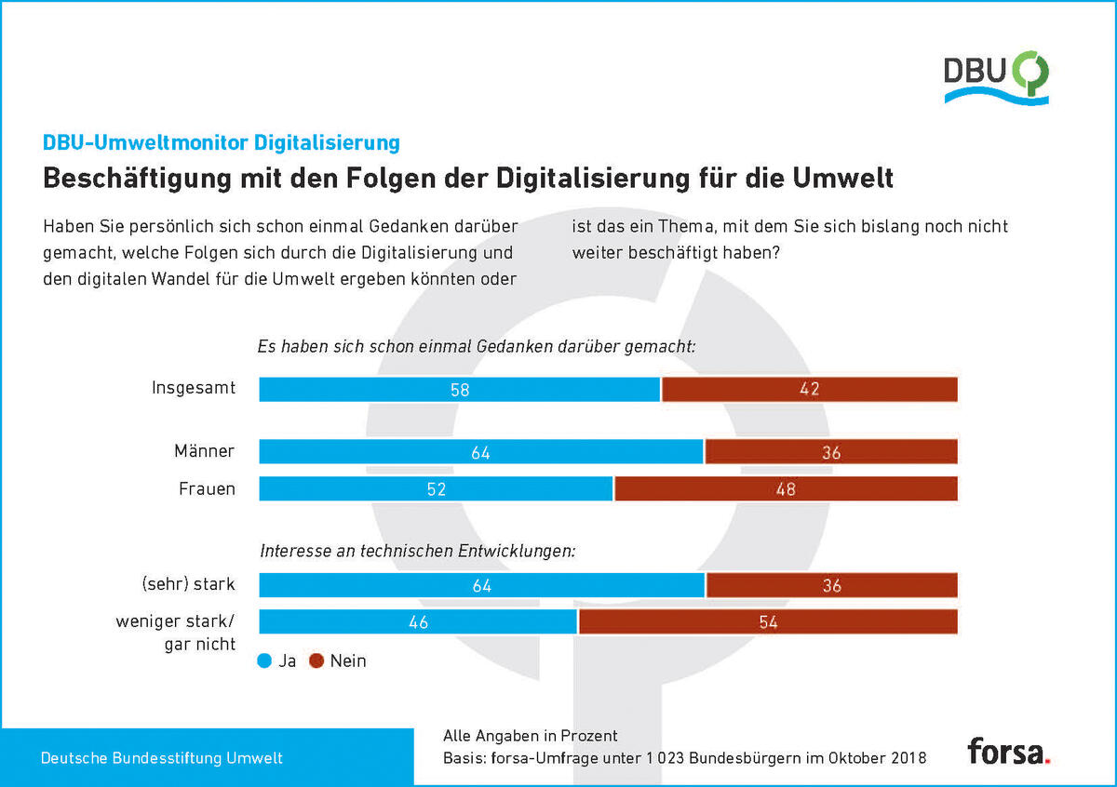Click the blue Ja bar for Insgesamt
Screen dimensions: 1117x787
click(x=459, y=389)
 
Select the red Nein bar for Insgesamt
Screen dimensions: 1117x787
click(x=810, y=389)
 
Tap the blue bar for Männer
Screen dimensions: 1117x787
click(x=480, y=451)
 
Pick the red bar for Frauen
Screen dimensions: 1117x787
click(x=786, y=488)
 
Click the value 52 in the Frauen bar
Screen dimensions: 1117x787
click(x=437, y=489)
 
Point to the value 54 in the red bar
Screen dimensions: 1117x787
click(x=768, y=622)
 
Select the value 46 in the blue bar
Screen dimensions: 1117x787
click(x=418, y=622)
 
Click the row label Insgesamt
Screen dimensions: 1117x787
click(x=194, y=388)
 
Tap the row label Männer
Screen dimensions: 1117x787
click(x=205, y=451)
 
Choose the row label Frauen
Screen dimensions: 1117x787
click(x=207, y=489)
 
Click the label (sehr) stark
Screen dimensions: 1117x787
click(x=188, y=584)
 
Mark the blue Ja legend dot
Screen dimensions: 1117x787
click(x=264, y=660)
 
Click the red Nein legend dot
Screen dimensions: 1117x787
click(x=316, y=660)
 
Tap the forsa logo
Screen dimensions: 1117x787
click(x=1009, y=751)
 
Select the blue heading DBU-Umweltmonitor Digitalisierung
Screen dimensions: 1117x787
click(x=222, y=142)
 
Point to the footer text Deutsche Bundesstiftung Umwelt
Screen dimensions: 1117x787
click(x=162, y=758)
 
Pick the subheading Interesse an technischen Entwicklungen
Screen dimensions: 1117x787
click(x=418, y=552)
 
